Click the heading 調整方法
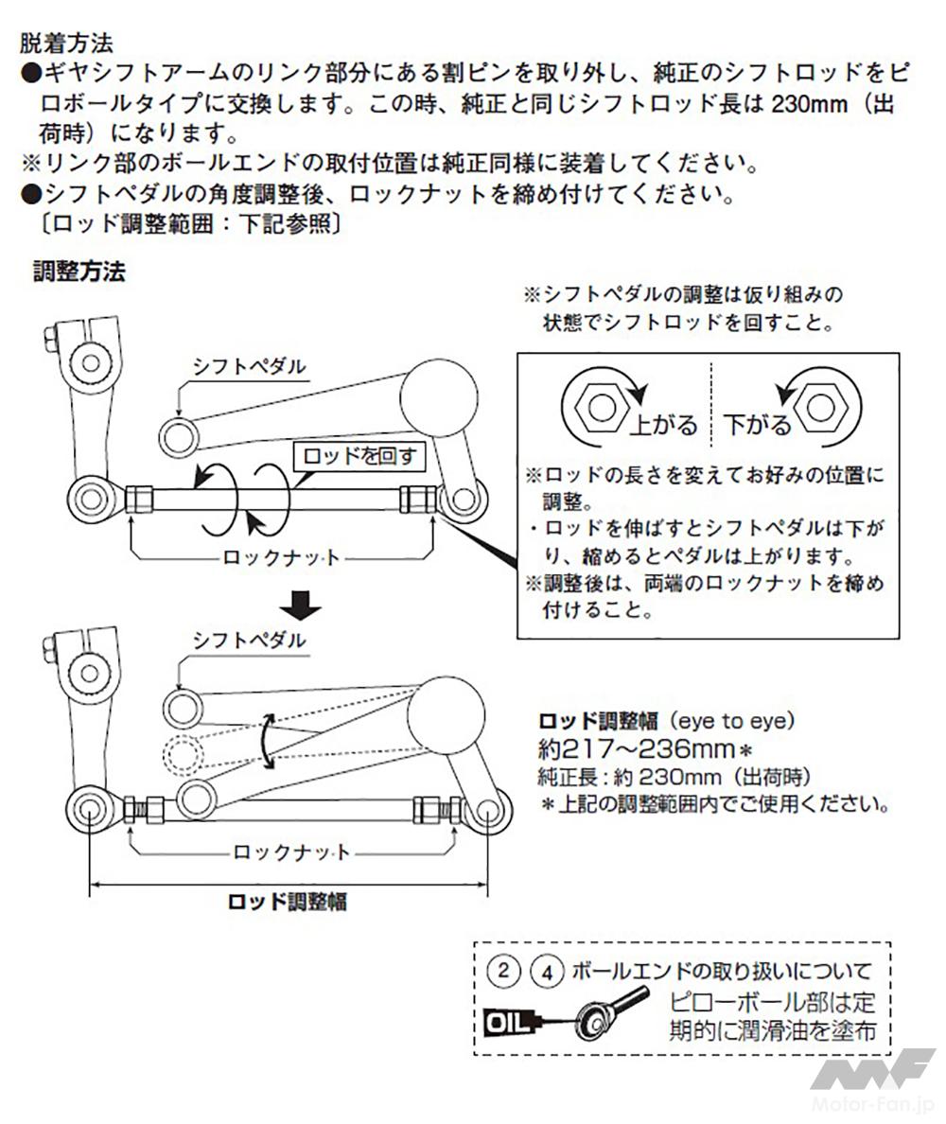(x=79, y=272)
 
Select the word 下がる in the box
(x=757, y=425)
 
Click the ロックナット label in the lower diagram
(x=291, y=852)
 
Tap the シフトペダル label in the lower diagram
(x=250, y=641)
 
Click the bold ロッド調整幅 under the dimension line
(x=288, y=902)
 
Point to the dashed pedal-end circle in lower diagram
(x=183, y=754)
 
